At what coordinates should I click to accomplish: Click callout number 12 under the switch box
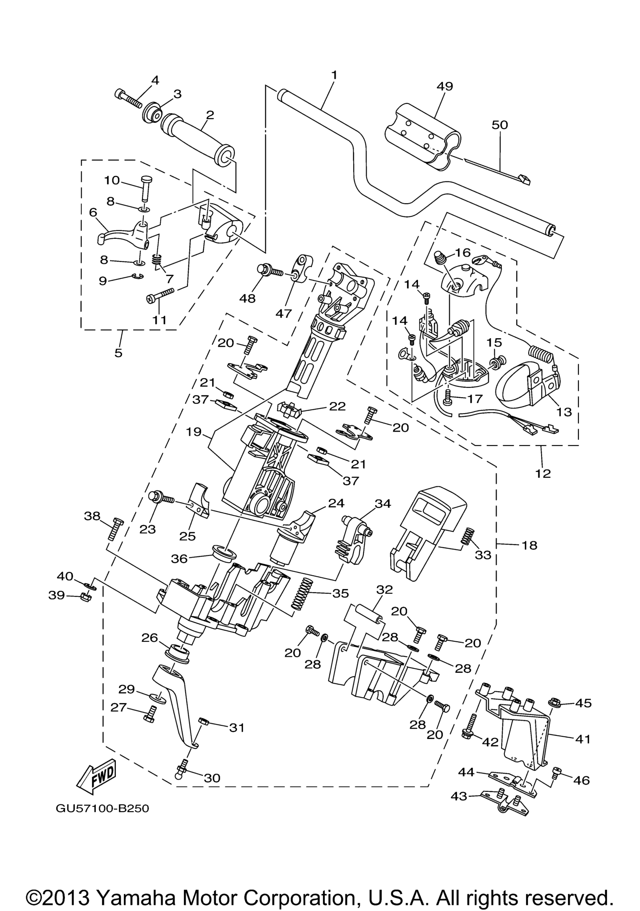coord(543,473)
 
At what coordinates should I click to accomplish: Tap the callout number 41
coord(583,739)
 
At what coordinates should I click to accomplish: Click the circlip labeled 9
coord(137,276)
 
